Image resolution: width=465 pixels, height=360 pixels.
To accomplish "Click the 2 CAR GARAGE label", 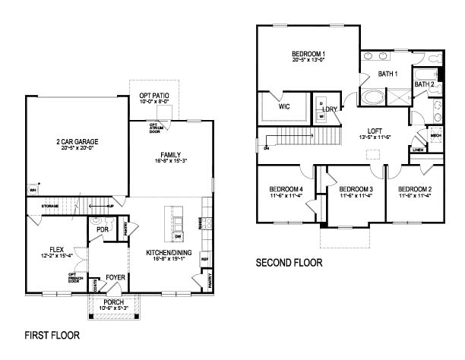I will [x=76, y=141].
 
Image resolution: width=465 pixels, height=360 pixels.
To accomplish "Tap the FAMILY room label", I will [x=169, y=155].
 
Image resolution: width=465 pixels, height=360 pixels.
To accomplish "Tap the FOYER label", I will [x=115, y=276].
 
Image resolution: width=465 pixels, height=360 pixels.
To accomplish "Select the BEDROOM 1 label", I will [x=308, y=53].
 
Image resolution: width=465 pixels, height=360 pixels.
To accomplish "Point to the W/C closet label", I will [x=284, y=107].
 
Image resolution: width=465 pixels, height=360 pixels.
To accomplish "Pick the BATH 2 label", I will [x=424, y=84].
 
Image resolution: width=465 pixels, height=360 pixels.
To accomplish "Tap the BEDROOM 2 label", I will [x=415, y=189].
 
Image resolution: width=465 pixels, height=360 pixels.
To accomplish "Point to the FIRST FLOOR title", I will [x=52, y=334].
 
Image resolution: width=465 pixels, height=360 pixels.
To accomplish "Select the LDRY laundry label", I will [x=330, y=110].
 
